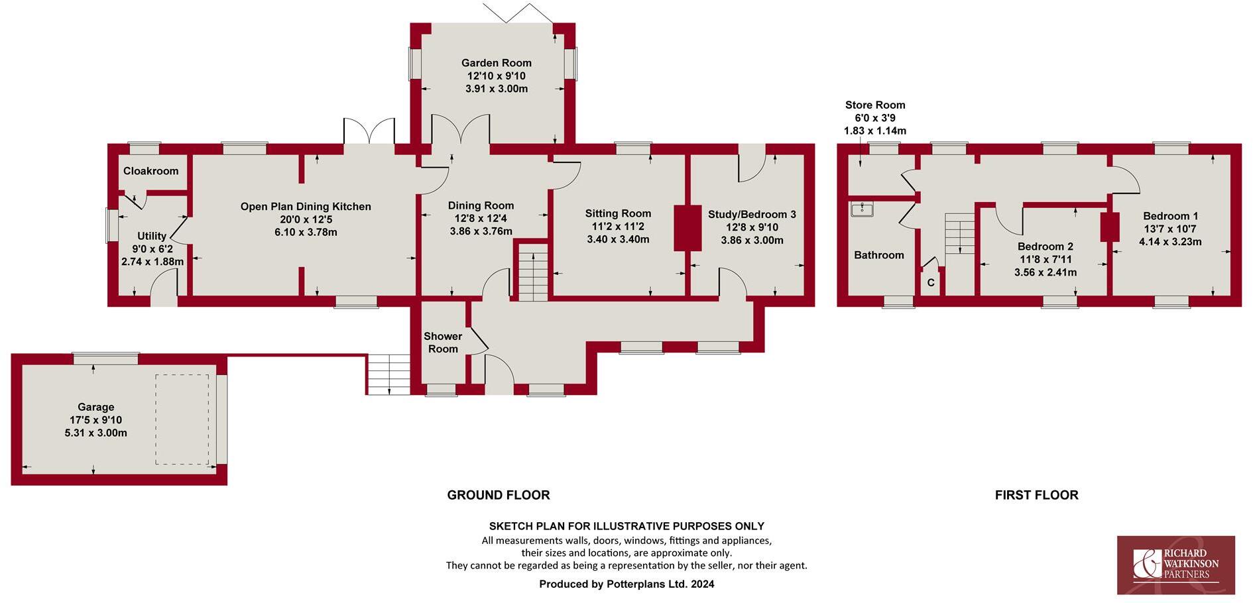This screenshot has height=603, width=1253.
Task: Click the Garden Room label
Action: (x=497, y=63)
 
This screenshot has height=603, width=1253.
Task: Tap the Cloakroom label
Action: (x=150, y=171)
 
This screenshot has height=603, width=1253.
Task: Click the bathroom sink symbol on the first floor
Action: (x=863, y=209)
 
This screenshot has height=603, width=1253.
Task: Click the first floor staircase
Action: (x=960, y=233)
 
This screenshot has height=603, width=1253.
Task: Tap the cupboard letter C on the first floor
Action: (x=931, y=283)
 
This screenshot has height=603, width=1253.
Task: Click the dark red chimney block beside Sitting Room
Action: (x=687, y=228)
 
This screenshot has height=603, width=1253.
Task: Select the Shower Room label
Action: (x=443, y=343)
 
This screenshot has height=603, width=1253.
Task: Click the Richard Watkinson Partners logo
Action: (x=1175, y=565)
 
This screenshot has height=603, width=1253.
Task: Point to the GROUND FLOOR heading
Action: (x=498, y=495)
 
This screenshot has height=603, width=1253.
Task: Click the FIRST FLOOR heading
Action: (x=1036, y=495)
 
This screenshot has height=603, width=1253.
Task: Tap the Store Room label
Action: (x=874, y=105)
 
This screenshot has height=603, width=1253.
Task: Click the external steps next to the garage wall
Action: (x=388, y=374)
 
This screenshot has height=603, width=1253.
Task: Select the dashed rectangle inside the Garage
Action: (x=182, y=419)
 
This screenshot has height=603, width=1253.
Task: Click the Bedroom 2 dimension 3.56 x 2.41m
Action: (x=1045, y=272)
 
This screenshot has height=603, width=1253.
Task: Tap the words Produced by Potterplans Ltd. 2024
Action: (x=626, y=584)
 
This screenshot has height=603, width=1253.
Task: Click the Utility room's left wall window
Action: (x=111, y=225)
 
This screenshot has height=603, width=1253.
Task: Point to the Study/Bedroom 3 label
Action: (x=752, y=215)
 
